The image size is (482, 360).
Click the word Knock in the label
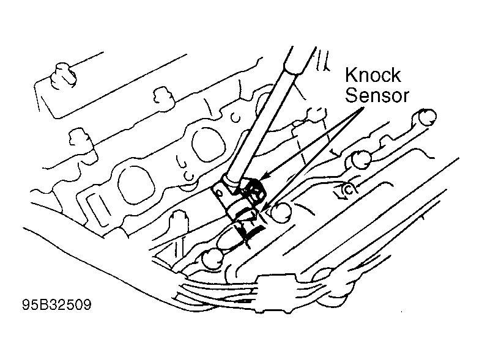tap(373, 75)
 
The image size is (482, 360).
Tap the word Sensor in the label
tap(377, 95)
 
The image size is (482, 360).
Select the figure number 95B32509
tap(56, 305)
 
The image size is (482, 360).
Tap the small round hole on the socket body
tap(218, 193)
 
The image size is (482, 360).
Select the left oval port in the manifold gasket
tap(135, 186)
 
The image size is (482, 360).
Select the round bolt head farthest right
tap(427, 117)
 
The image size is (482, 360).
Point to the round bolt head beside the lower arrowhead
tap(281, 211)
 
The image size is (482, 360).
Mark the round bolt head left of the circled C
tap(361, 160)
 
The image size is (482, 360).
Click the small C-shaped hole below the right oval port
tap(188, 176)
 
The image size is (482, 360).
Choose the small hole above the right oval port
tap(235, 117)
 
